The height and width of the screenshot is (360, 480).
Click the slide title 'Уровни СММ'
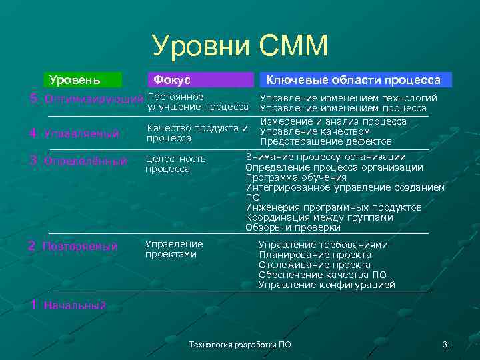pos(240,46)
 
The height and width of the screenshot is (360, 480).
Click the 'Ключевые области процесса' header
pos(353,80)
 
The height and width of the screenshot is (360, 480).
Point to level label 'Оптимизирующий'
pos(93,99)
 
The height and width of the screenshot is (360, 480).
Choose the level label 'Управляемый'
pos(81,133)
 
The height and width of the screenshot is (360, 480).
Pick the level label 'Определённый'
pos(85,161)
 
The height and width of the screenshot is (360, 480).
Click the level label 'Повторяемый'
pos(80,247)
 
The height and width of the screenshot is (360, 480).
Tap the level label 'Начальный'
pos(75,306)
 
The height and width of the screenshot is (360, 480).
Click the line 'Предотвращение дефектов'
pos(325,142)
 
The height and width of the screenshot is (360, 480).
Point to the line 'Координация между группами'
pos(319,217)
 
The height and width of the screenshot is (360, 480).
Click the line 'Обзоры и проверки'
pos(293,227)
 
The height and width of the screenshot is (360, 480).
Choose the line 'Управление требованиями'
pos(323,245)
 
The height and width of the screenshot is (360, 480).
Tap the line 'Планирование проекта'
pos(315,255)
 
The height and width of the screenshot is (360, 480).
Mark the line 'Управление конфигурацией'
pos(327,285)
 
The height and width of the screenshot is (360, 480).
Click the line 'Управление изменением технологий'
pos(348,98)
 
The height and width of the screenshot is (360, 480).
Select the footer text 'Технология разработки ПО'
pos(240,345)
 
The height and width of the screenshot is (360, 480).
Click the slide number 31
pos(447,345)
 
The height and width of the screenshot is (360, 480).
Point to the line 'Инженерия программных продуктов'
pos(333,207)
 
